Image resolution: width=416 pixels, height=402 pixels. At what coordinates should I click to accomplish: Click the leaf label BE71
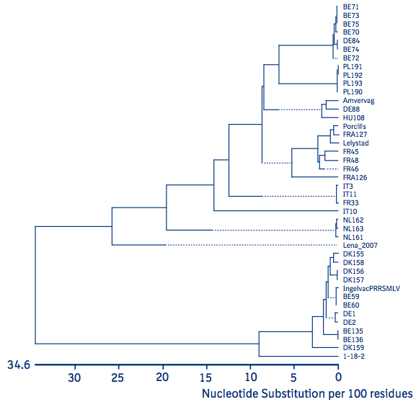click(x=351, y=6)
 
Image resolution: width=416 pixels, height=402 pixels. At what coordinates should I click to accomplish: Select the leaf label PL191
click(x=353, y=66)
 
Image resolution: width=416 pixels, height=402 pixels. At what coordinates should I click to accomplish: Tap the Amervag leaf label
click(x=358, y=101)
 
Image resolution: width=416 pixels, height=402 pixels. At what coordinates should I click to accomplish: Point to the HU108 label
click(x=353, y=117)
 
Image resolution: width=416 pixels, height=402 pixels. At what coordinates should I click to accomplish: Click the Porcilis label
click(x=355, y=126)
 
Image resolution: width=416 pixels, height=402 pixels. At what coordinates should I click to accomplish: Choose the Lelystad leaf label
click(x=356, y=143)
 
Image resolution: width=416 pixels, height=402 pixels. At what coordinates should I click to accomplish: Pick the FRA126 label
click(x=355, y=177)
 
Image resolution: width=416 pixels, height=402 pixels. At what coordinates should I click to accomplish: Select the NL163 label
click(x=353, y=228)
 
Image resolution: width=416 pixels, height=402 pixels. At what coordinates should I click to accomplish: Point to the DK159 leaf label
click(x=353, y=348)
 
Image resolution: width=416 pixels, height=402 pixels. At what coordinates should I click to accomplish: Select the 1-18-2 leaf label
click(x=353, y=357)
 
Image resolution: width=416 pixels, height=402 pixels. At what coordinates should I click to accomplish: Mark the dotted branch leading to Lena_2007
click(x=252, y=246)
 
